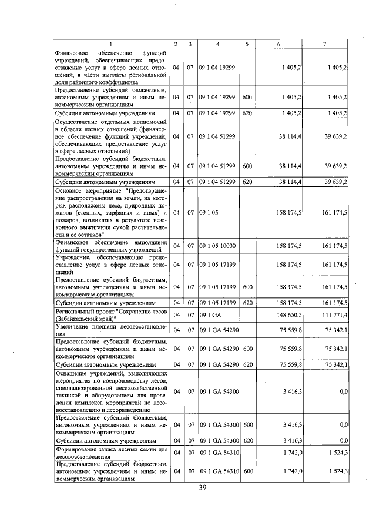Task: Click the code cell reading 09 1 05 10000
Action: pos(217,245)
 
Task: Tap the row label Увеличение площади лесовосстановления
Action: pos(110,330)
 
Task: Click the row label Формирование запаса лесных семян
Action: pos(110,452)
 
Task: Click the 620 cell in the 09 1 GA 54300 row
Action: pos(247,439)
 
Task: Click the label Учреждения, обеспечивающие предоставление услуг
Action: pos(110,265)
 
